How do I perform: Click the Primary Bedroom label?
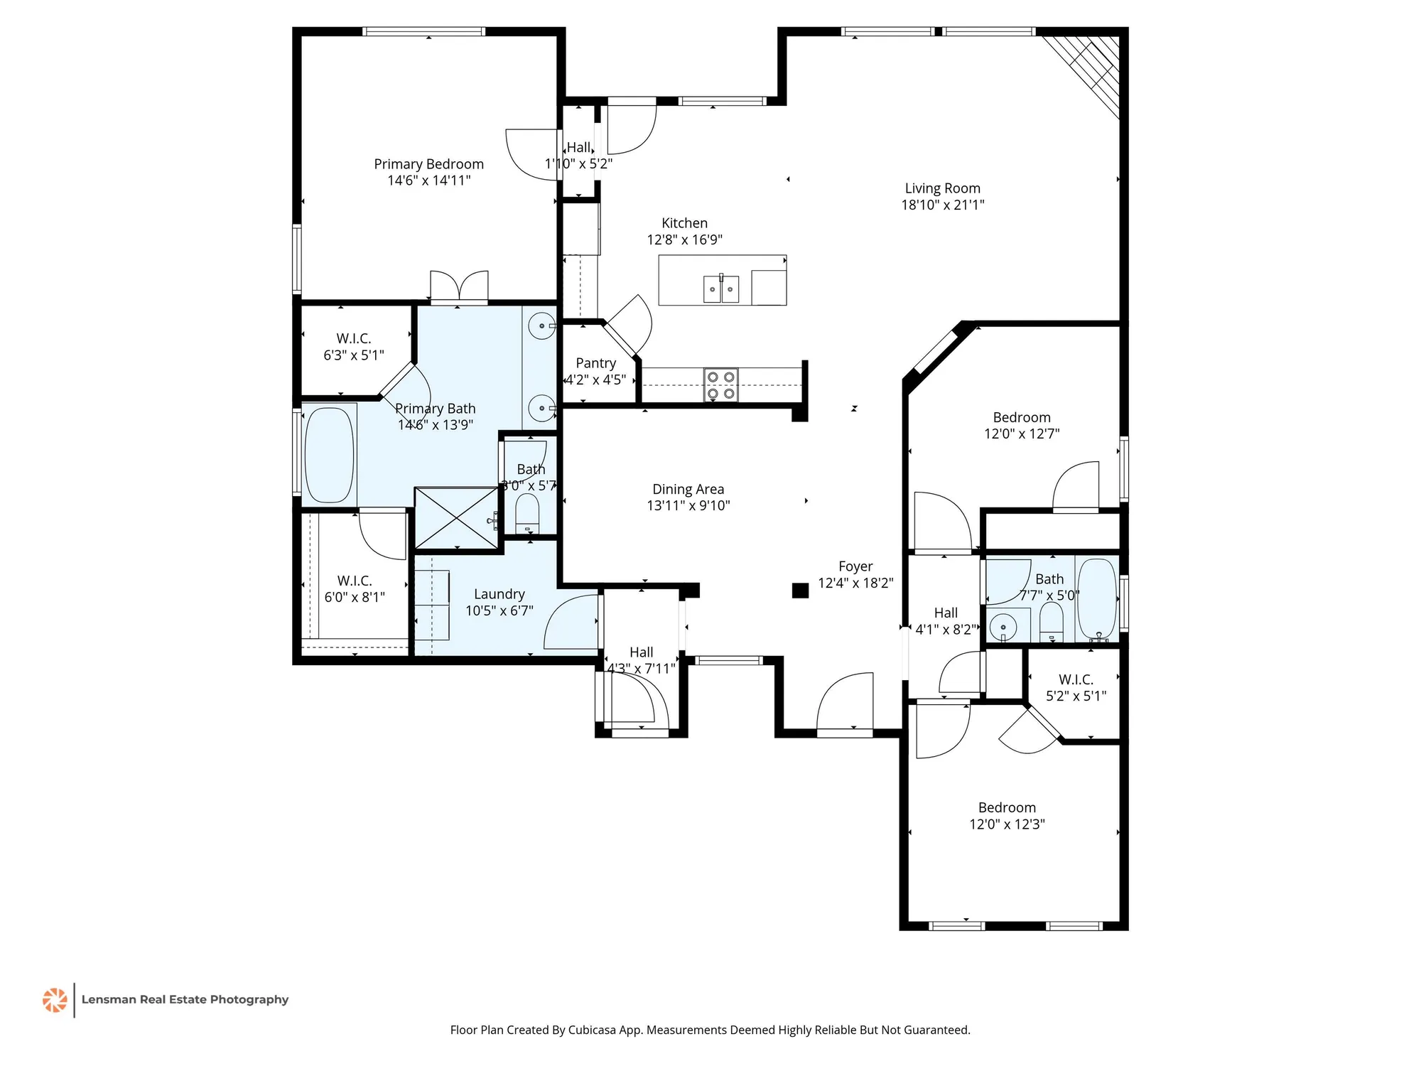tap(428, 164)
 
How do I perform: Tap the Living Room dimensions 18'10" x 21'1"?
tap(942, 205)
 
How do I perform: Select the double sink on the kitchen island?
tap(721, 289)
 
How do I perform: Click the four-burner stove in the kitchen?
tap(720, 384)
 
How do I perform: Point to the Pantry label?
tap(595, 363)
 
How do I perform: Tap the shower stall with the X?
tap(457, 518)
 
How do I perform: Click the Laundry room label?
tap(499, 594)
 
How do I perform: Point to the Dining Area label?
tap(688, 489)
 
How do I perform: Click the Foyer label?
tap(855, 566)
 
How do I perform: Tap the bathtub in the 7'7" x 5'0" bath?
tap(1097, 599)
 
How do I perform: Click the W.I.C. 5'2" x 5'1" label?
tap(1076, 680)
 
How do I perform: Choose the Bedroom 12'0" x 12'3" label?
tap(1007, 808)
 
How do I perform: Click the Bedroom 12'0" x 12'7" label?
tap(1021, 418)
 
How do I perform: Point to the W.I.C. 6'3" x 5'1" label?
tap(353, 339)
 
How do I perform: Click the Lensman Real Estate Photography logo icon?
tap(55, 999)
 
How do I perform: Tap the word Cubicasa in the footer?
tap(592, 1030)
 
